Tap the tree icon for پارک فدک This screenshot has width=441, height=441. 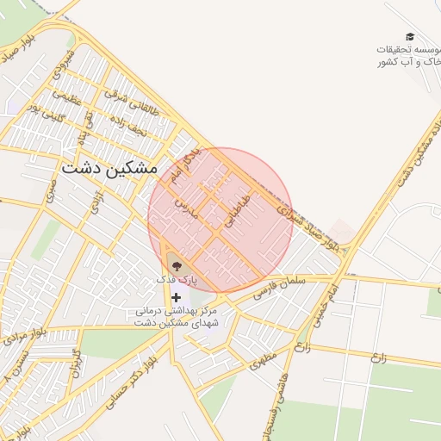click(177, 265)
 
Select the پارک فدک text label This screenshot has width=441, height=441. click(177, 280)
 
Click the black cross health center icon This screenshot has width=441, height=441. click(177, 296)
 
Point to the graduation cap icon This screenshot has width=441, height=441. click(410, 36)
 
